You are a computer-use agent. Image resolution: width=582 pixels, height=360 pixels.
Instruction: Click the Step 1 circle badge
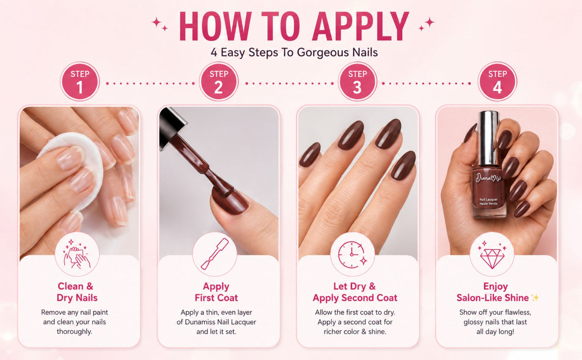click(x=80, y=82)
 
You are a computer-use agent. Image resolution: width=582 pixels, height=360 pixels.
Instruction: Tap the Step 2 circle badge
click(x=219, y=82)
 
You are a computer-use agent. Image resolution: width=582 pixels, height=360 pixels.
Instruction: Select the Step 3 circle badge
click(x=357, y=82)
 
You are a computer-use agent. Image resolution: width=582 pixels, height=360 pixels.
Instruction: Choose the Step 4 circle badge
click(x=497, y=82)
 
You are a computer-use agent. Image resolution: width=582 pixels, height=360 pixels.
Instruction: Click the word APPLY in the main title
click(x=361, y=26)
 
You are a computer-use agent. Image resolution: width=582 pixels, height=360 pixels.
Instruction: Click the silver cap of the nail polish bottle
click(x=488, y=138)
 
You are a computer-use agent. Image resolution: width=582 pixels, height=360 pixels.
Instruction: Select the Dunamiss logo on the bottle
click(x=488, y=178)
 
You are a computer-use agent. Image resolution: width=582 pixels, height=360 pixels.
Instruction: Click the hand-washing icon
click(x=77, y=254)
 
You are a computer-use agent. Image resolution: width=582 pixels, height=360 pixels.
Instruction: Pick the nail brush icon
click(x=215, y=254)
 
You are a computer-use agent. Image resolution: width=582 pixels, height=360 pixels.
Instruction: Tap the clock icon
click(x=352, y=254)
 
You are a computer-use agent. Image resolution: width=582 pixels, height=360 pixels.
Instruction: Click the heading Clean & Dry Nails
click(x=77, y=292)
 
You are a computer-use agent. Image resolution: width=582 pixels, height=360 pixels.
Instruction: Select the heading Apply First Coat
click(x=216, y=292)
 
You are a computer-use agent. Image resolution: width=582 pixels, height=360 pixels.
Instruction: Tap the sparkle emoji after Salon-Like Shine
click(x=535, y=297)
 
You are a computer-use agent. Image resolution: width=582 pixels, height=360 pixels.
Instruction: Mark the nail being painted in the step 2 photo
click(x=230, y=201)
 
